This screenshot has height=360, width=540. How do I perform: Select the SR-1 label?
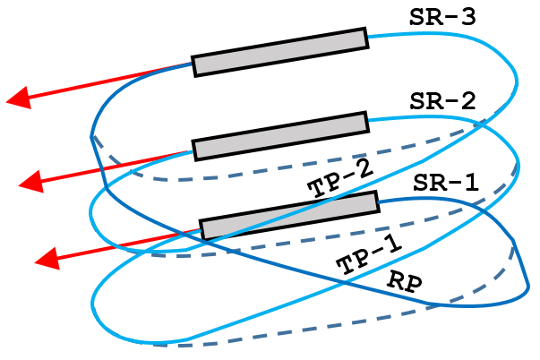(x=446, y=183)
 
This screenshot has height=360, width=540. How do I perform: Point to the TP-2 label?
(x=339, y=180)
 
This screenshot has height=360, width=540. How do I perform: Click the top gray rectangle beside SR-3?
(x=279, y=52)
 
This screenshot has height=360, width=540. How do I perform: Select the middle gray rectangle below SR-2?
(x=280, y=135)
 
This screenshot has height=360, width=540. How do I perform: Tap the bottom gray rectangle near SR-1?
(x=287, y=216)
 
